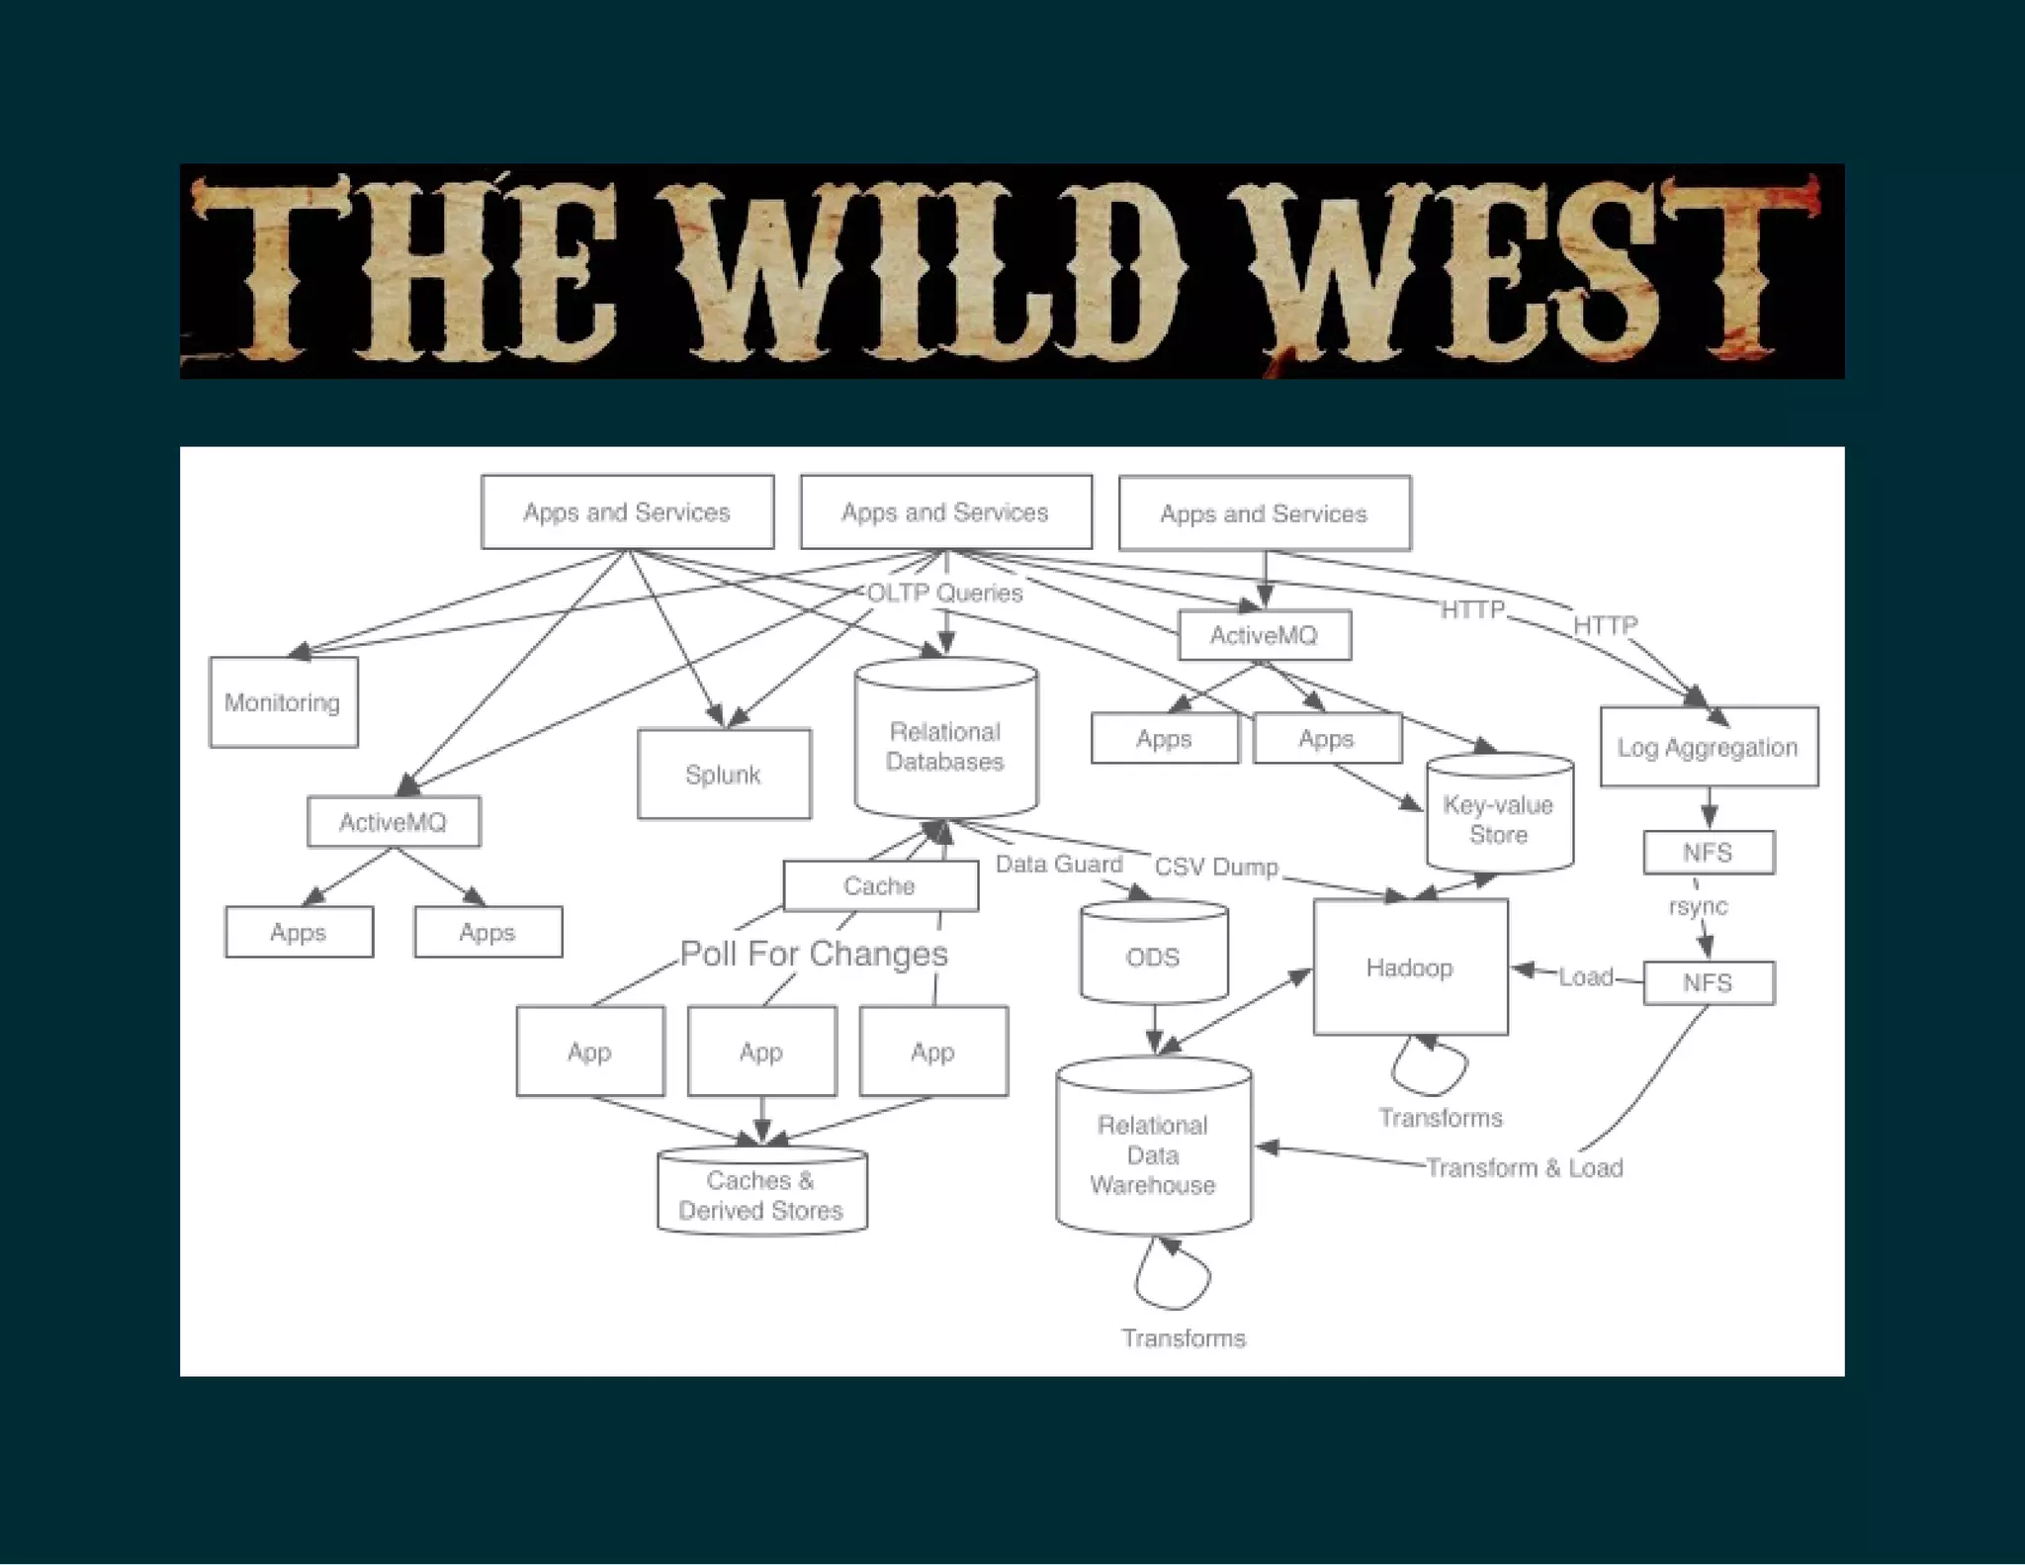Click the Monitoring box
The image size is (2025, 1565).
click(x=283, y=702)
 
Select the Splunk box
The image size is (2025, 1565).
click(x=724, y=775)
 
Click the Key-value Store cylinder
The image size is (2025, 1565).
click(x=1499, y=817)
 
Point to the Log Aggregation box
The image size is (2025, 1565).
click(x=1708, y=747)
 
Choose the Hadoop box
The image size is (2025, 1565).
click(x=1410, y=967)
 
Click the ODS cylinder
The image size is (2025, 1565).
click(x=1153, y=955)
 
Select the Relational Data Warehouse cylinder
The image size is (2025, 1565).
click(x=1153, y=1152)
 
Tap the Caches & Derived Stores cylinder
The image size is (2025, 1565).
click(x=761, y=1194)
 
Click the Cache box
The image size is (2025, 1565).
click(x=880, y=885)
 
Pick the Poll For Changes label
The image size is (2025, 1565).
click(x=814, y=954)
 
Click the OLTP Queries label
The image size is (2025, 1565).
click(x=944, y=593)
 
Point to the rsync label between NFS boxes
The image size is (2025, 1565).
click(x=1698, y=906)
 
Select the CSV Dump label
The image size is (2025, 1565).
click(x=1216, y=867)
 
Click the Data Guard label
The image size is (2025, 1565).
click(x=1059, y=864)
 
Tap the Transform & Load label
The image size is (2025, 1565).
click(x=1524, y=1168)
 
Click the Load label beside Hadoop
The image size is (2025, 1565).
click(x=1585, y=977)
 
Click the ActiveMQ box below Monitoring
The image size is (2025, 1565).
click(x=394, y=822)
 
